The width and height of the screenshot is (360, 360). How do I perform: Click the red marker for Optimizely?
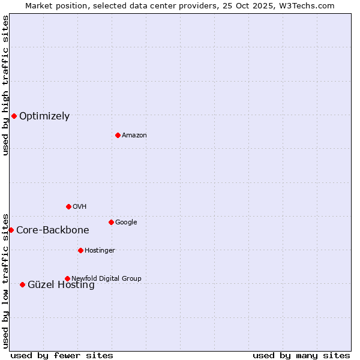14,116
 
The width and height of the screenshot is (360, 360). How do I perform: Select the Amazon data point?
118,135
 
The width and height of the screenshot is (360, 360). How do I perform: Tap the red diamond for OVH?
68,206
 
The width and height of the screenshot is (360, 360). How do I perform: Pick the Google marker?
111,222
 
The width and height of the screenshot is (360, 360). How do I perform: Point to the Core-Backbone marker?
11,230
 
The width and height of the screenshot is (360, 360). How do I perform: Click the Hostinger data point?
80,250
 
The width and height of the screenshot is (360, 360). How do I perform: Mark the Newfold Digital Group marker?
67,278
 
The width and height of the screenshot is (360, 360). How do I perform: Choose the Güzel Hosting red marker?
22,284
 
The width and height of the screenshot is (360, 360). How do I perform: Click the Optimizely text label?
44,116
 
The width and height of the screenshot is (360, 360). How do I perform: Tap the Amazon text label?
134,136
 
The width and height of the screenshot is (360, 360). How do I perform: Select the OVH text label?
80,207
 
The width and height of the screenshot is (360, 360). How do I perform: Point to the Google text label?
126,223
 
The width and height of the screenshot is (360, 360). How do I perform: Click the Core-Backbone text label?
53,230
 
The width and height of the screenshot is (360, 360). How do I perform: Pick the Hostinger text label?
100,251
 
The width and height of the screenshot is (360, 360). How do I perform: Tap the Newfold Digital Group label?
106,278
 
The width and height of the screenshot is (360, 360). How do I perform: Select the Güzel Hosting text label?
61,285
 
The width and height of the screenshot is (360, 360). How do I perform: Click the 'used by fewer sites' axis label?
62,355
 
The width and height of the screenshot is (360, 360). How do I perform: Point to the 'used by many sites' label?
301,355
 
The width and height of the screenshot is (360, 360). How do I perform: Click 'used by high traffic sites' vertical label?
5,85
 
